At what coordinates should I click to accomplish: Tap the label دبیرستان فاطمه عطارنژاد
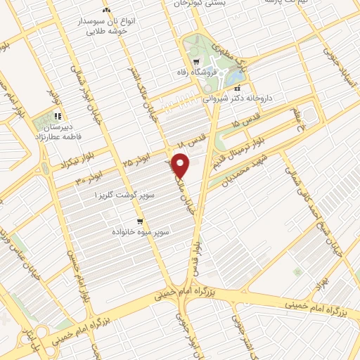click(x=59, y=134)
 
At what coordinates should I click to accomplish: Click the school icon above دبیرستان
click(x=58, y=116)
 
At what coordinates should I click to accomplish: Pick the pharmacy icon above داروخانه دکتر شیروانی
click(x=237, y=89)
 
